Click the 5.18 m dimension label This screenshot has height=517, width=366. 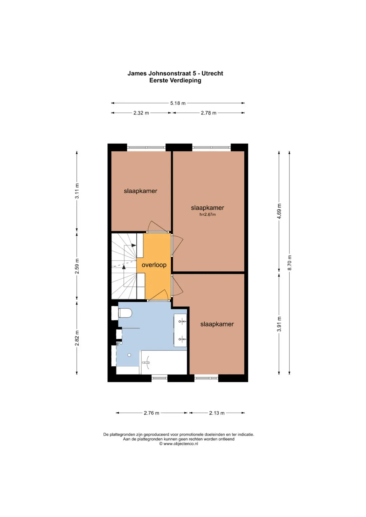pos(178,103)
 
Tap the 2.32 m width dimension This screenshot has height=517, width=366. pos(141,113)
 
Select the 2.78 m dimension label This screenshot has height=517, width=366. pos(208,113)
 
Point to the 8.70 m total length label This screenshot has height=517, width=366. pos(289,263)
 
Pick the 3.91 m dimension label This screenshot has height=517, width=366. pos(279,324)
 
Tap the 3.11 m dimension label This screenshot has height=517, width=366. pos(77,191)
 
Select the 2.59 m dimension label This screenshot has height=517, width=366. pos(77,266)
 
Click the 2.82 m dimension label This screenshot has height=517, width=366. pos(77,338)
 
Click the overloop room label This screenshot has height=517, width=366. pos(154,265)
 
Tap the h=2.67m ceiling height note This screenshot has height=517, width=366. pos(207,214)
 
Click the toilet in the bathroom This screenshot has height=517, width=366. pos(125,314)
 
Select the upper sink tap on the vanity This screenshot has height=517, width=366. pos(182,321)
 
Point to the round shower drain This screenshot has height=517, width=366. pos(129,355)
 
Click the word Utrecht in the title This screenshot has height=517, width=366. pos(212,73)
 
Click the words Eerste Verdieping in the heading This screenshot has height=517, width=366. pos(175,81)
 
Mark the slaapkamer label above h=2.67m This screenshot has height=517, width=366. pos(207,208)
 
